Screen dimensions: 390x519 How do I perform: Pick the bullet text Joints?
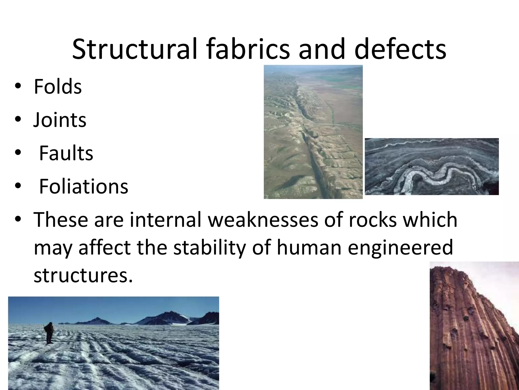coord(60,120)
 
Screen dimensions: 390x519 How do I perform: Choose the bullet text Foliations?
coord(84,186)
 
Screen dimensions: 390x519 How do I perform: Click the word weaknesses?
coord(263,219)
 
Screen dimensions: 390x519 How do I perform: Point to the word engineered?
coord(400,248)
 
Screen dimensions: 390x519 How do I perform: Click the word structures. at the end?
coord(83,275)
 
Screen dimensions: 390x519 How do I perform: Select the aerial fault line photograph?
coord(313,132)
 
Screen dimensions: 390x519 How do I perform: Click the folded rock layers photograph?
coord(432,167)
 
